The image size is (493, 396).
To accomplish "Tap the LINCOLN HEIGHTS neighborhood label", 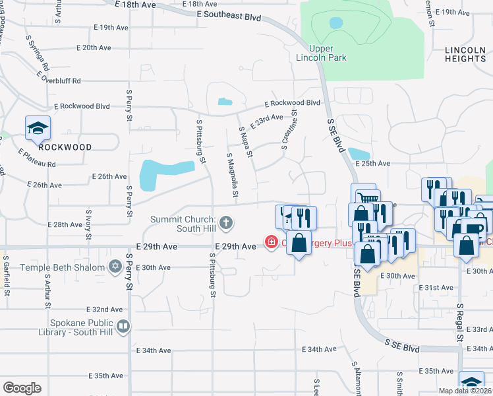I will click(x=465, y=54).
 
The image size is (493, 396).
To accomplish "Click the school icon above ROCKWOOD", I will click(x=38, y=128).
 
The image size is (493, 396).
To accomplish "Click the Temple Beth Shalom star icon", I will click(x=115, y=267).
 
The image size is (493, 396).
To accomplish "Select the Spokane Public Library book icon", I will click(x=123, y=326).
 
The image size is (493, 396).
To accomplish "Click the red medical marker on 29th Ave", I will click(x=271, y=243).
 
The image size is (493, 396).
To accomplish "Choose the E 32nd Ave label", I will click(x=106, y=309).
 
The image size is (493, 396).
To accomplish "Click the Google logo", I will click(x=22, y=388).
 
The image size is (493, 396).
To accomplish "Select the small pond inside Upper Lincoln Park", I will click(x=336, y=23).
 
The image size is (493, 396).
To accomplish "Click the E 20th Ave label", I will click(x=94, y=48).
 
